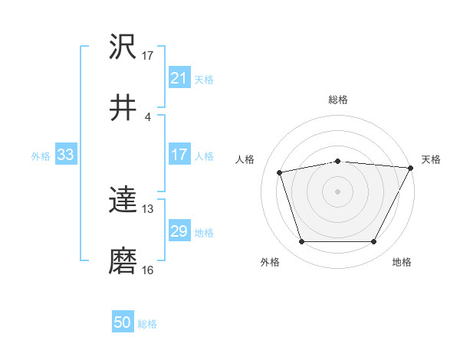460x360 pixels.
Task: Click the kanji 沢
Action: tap(123, 47)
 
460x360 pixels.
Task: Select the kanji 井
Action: tap(123, 108)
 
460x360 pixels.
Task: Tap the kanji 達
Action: tap(123, 201)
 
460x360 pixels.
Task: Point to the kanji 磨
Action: tap(123, 262)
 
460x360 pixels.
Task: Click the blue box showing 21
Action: tap(179, 78)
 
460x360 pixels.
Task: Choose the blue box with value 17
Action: tap(179, 155)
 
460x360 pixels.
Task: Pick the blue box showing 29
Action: tap(179, 232)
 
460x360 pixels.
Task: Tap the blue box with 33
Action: tap(66, 155)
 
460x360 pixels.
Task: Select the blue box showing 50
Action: tap(123, 322)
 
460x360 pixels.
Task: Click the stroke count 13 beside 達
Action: tap(148, 208)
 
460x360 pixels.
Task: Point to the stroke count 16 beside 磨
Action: tap(148, 270)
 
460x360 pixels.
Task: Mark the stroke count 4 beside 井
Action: tap(148, 116)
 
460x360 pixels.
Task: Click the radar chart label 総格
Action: tap(338, 100)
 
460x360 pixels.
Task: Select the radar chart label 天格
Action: tap(431, 159)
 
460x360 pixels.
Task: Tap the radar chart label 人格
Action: tap(245, 159)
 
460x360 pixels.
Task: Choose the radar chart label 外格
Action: tap(269, 263)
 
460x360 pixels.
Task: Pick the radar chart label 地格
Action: tap(402, 263)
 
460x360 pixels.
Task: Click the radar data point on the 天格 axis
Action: tap(411, 168)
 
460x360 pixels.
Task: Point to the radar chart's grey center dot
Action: tap(338, 191)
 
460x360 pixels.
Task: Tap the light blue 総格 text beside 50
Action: tap(147, 324)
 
